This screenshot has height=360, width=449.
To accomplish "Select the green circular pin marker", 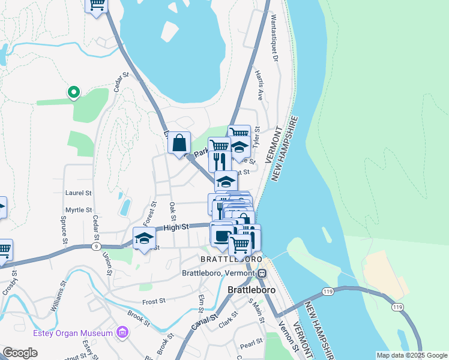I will [73, 92].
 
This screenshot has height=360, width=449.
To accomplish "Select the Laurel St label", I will [78, 193].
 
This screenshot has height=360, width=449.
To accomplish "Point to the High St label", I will [176, 227].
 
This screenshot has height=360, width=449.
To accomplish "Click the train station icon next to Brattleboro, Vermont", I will [262, 274].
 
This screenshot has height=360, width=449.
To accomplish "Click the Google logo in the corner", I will [20, 353].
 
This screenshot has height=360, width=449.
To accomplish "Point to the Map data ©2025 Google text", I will [412, 355].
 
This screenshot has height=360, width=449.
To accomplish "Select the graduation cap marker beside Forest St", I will [144, 238].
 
